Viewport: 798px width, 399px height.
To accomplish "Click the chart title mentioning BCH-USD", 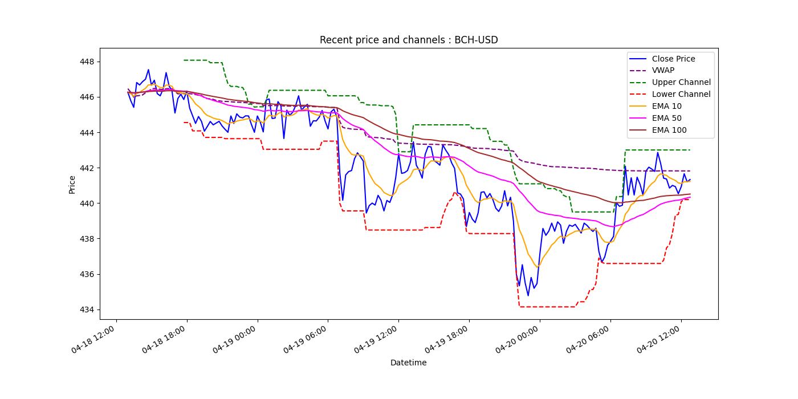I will click(x=409, y=40).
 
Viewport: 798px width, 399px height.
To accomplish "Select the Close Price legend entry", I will click(x=673, y=59).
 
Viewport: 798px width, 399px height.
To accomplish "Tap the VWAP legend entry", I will click(x=663, y=71).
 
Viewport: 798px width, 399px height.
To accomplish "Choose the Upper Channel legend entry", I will click(x=681, y=83).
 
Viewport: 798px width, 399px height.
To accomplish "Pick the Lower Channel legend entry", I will click(x=681, y=95).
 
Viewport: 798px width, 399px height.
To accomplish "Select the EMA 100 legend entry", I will click(x=669, y=131).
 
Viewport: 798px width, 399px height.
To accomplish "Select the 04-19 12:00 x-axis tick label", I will click(x=377, y=340).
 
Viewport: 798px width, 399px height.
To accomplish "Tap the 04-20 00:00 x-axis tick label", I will click(x=518, y=340).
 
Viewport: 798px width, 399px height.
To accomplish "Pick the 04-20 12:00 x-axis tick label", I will click(x=659, y=340).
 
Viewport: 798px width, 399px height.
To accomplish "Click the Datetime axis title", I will click(x=408, y=363).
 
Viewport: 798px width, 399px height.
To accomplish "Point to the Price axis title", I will click(x=72, y=184).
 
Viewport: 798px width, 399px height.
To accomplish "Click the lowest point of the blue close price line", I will click(x=528, y=295).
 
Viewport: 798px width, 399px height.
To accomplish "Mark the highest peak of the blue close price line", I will click(x=148, y=70).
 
